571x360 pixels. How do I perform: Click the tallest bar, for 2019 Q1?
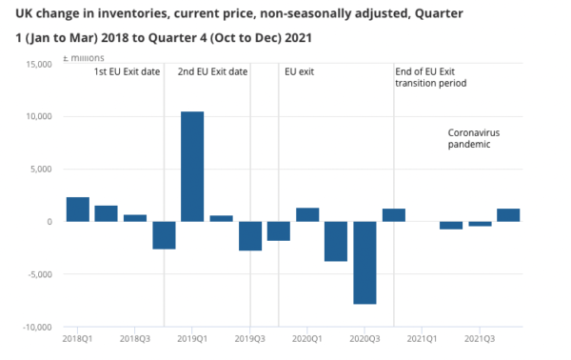(x=192, y=167)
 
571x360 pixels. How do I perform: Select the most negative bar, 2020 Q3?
(x=364, y=263)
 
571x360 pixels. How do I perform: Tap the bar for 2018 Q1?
(x=78, y=210)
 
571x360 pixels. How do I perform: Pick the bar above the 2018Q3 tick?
(x=135, y=218)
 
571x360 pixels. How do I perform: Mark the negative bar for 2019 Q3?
(x=250, y=236)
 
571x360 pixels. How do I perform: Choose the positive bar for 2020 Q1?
(x=307, y=214)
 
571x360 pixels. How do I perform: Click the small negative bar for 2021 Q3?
(x=480, y=224)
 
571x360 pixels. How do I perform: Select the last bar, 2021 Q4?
(x=508, y=215)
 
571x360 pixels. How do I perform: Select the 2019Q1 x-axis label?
(x=193, y=338)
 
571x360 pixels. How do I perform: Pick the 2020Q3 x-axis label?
(x=365, y=338)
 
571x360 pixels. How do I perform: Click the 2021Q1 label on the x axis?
(x=423, y=338)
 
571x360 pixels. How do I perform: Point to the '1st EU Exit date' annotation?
(x=127, y=72)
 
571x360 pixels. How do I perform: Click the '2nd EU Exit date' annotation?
(x=214, y=72)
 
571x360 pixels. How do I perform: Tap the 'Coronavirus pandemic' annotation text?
(x=473, y=138)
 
